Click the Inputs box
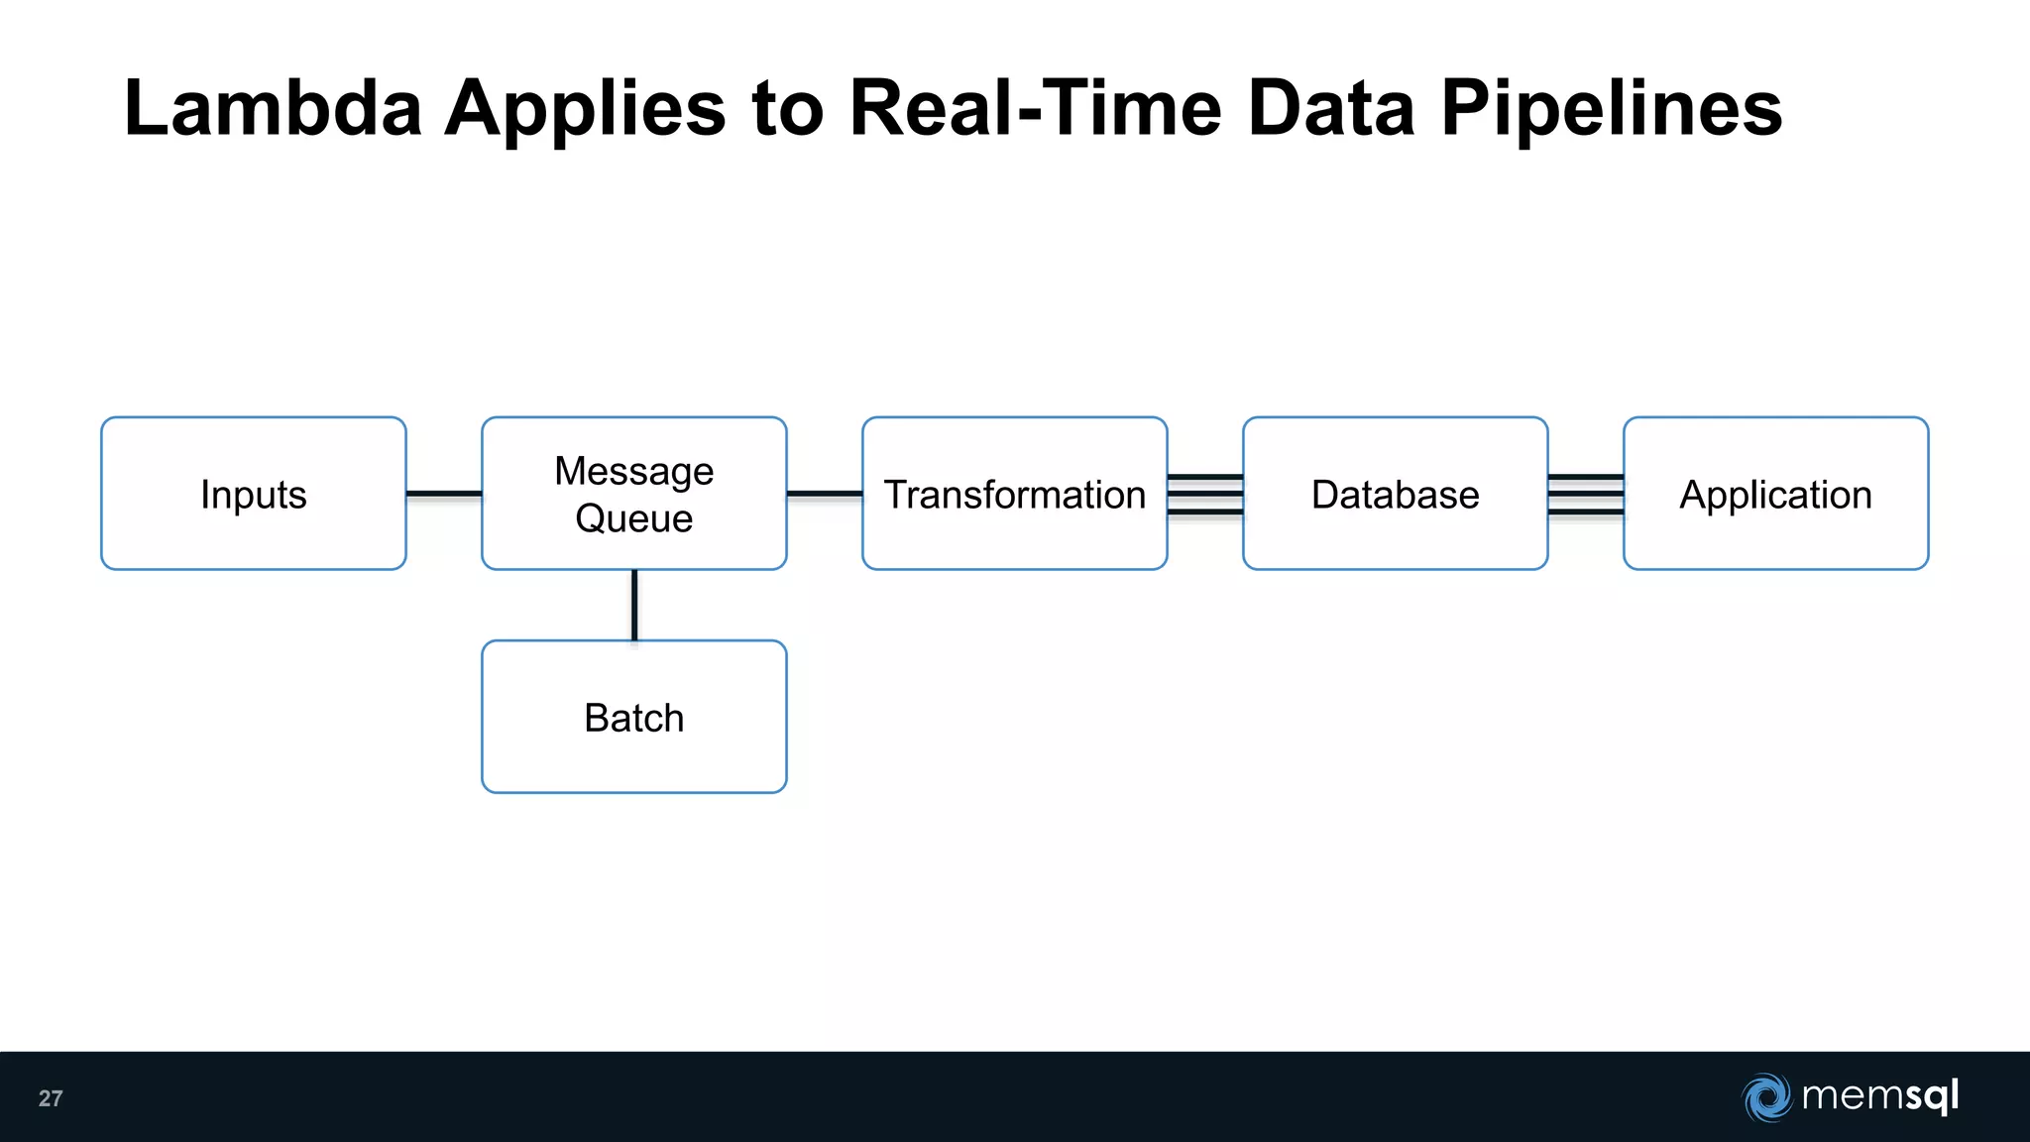pyautogui.click(x=254, y=494)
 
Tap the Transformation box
pyautogui.click(x=1014, y=494)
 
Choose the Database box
pyautogui.click(x=1395, y=494)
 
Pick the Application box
pyautogui.click(x=1775, y=494)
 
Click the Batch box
pyautogui.click(x=634, y=717)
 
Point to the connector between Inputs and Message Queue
pyautogui.click(x=444, y=493)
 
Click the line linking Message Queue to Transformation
pyautogui.click(x=825, y=493)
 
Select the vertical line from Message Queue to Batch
pyautogui.click(x=634, y=605)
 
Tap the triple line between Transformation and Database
pyautogui.click(x=1205, y=494)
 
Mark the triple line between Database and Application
pyautogui.click(x=1586, y=494)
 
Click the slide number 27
pyautogui.click(x=51, y=1098)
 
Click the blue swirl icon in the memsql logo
pyautogui.click(x=1766, y=1097)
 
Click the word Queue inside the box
pyautogui.click(x=634, y=518)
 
